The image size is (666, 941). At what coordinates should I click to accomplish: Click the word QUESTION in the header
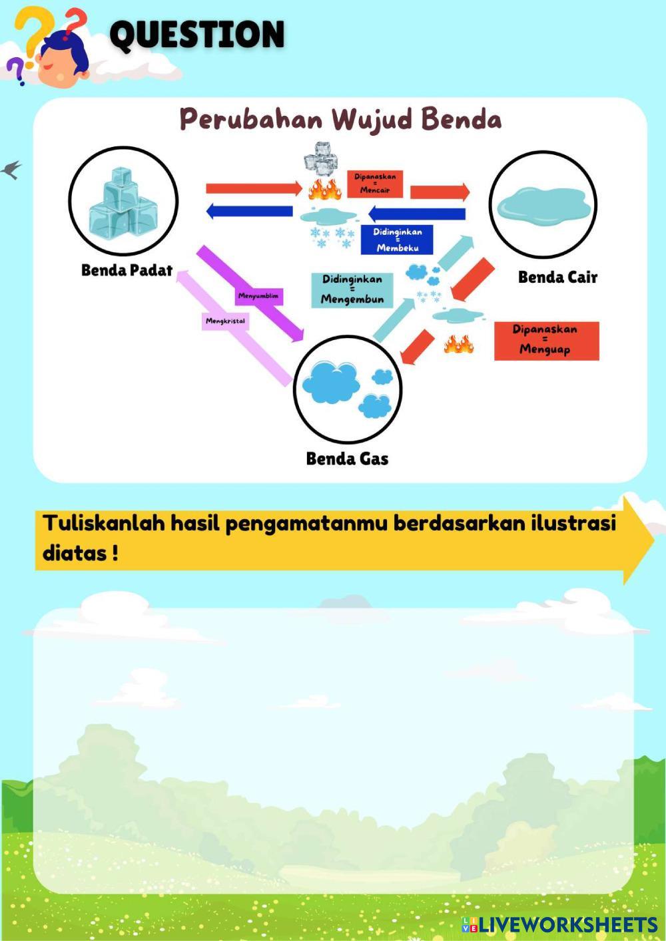[197, 35]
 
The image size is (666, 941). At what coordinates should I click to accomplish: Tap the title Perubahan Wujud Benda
[340, 120]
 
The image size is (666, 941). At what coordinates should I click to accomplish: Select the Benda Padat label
[127, 270]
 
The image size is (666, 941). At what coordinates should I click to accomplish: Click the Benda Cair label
[557, 277]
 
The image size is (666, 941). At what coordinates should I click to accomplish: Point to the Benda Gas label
[347, 459]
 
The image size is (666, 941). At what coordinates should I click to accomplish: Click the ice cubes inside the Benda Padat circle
[123, 203]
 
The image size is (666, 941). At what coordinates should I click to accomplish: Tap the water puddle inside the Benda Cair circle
[543, 204]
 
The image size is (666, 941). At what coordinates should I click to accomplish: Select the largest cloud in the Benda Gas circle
[330, 382]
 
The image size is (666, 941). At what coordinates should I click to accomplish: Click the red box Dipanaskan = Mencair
[375, 184]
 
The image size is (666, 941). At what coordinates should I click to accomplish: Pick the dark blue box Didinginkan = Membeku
[397, 240]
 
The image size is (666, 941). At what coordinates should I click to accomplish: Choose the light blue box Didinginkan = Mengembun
[352, 289]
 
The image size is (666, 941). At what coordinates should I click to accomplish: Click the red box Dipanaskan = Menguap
[546, 340]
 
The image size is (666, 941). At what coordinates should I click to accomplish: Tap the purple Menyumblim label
[258, 295]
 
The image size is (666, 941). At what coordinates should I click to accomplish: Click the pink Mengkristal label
[225, 321]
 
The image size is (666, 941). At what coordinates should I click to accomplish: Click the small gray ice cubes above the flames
[320, 158]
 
